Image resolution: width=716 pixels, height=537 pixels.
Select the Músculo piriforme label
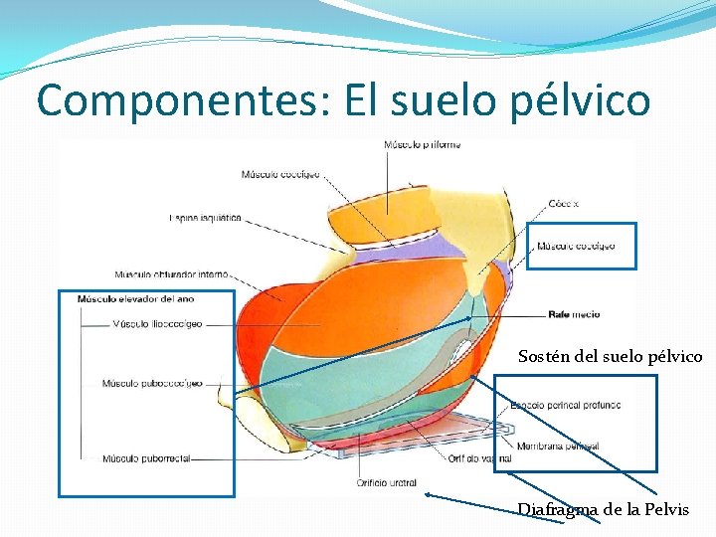[x=422, y=146]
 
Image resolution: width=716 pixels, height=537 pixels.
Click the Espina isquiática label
[x=205, y=218]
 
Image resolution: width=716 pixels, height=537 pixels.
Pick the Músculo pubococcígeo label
[x=152, y=383]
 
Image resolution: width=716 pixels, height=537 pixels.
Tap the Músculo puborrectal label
[x=145, y=459]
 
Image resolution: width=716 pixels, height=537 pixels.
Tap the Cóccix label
[x=563, y=204]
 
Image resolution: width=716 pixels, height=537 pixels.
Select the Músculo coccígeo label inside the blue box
[x=576, y=246]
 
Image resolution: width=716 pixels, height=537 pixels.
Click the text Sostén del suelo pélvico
[x=610, y=356]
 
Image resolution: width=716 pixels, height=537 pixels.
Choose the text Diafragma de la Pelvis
[x=603, y=509]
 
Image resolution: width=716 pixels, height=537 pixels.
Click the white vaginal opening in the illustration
[x=463, y=348]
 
